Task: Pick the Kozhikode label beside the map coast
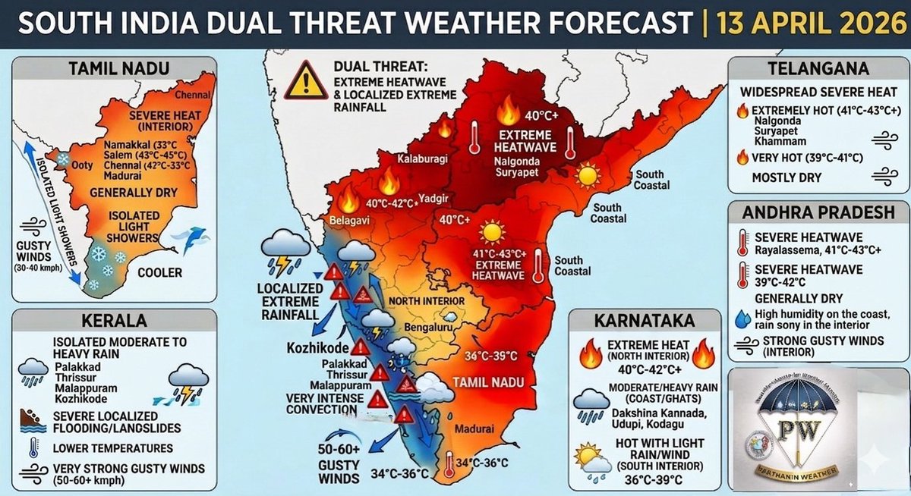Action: click(x=317, y=348)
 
